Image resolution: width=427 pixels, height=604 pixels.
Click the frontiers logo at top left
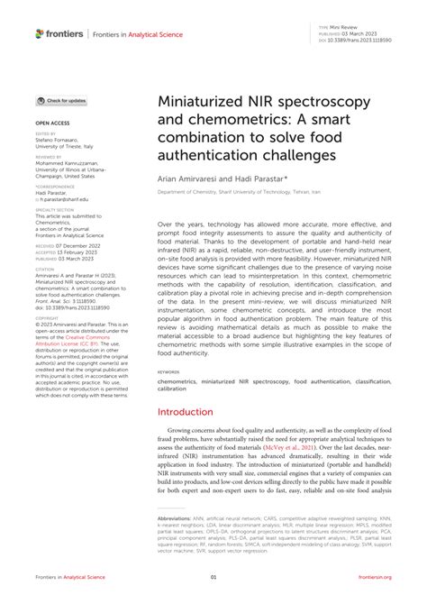tap(59, 33)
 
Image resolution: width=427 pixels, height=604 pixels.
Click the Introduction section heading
tap(185, 412)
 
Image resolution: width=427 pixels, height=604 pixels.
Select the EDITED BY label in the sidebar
tap(46, 134)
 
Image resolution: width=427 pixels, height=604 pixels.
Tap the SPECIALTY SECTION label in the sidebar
tap(56, 210)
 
